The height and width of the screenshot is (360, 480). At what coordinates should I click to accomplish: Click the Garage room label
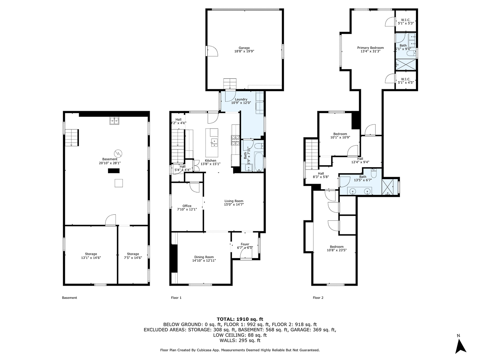(x=244, y=47)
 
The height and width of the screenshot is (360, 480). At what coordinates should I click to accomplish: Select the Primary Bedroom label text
(x=370, y=48)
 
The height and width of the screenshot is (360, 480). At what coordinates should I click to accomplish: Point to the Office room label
(x=187, y=206)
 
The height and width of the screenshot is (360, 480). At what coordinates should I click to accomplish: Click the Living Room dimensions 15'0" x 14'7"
(x=234, y=204)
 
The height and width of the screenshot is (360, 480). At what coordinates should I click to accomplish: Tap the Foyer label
(x=245, y=244)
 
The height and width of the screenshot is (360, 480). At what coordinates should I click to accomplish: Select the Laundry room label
(x=241, y=99)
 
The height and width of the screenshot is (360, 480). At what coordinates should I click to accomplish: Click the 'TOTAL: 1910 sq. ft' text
(x=240, y=319)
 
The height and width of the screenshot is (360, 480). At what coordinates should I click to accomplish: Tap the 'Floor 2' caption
(x=318, y=298)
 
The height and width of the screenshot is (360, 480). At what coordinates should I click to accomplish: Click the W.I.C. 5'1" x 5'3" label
(x=406, y=21)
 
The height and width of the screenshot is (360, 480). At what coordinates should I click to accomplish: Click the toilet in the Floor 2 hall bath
(x=374, y=173)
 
